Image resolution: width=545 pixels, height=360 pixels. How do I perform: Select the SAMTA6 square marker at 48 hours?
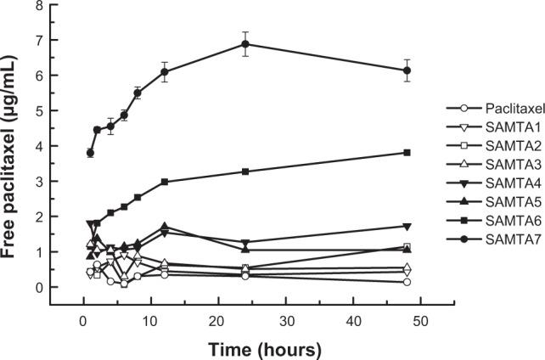point(407,152)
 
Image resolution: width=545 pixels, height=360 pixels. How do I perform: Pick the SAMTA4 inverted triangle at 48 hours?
point(407,226)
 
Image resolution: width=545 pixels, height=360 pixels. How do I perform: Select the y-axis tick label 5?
point(41,110)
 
